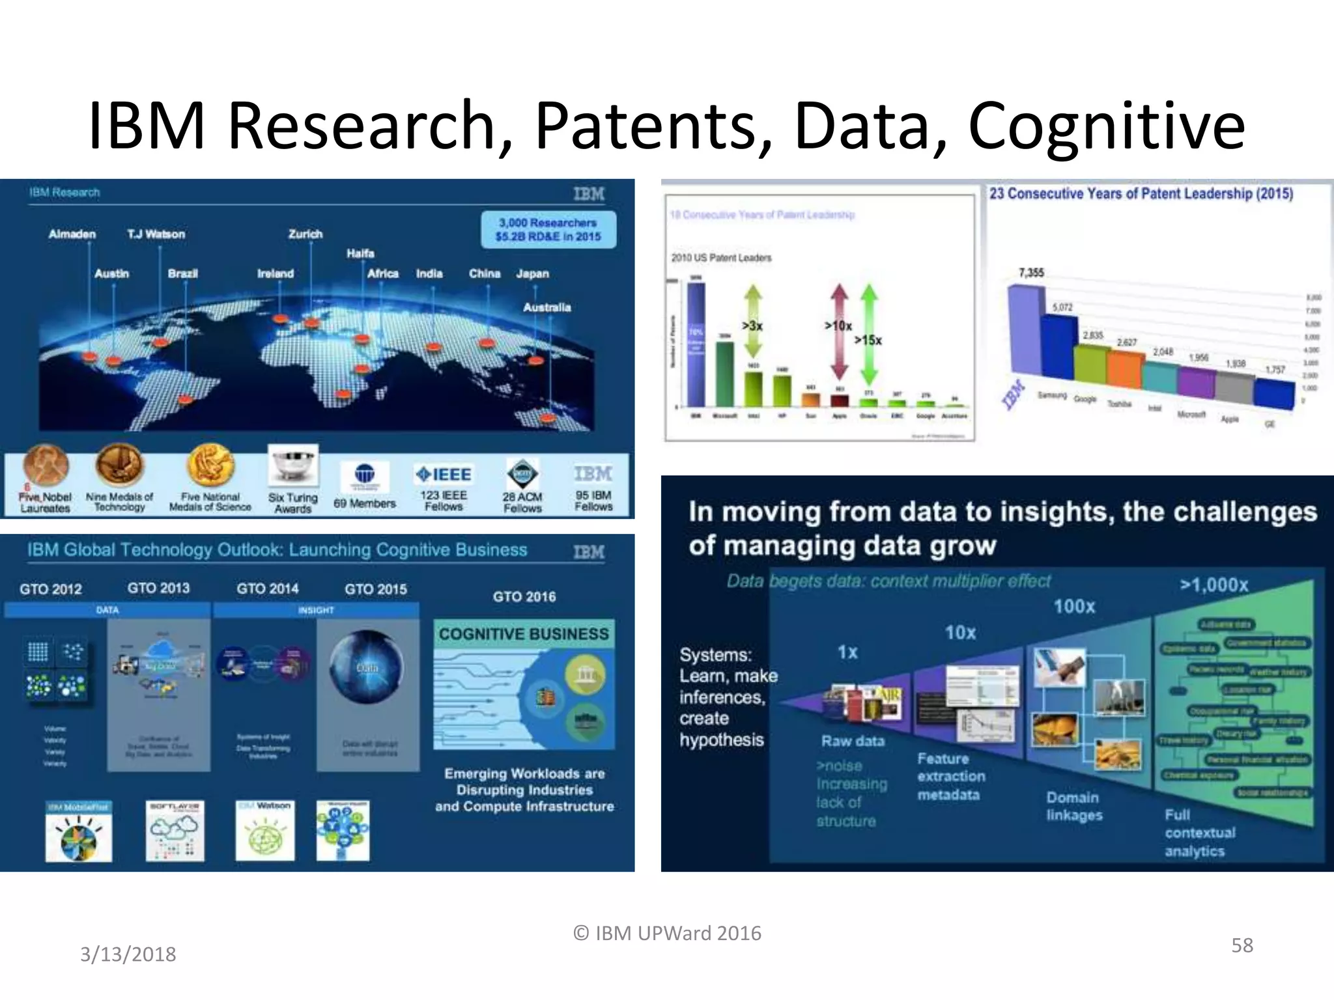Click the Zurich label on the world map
(305, 234)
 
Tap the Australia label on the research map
(546, 307)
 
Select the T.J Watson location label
(156, 234)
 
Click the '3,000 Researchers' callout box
(548, 229)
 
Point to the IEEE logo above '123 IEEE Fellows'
(444, 475)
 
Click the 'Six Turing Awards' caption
(293, 503)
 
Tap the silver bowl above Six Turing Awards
(293, 464)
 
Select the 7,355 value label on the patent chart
(1031, 273)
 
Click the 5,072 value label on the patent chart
(1062, 307)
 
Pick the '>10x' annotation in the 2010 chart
(838, 326)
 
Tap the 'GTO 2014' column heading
(267, 589)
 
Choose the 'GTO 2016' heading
(524, 596)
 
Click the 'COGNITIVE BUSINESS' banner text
(524, 633)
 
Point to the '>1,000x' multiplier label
(1213, 585)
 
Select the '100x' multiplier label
(1074, 607)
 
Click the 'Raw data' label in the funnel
(853, 741)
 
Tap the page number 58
(1242, 945)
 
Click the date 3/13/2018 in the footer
(128, 954)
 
